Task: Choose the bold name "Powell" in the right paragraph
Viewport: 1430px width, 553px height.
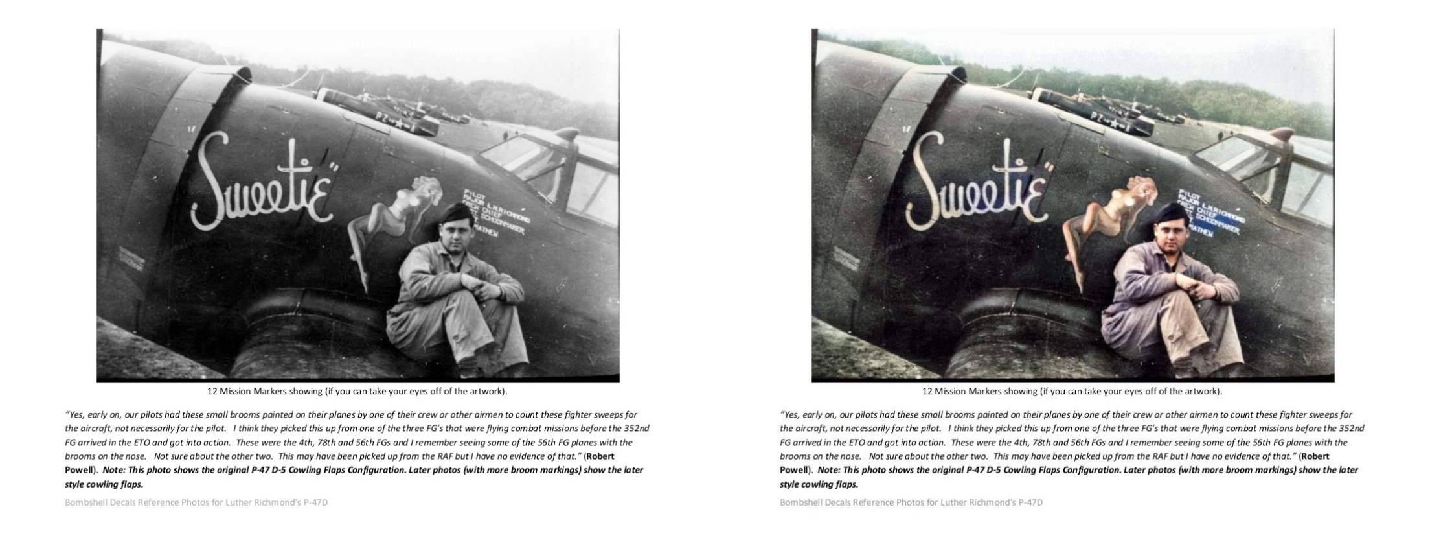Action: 793,470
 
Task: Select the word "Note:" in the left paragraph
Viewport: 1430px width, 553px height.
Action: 115,470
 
